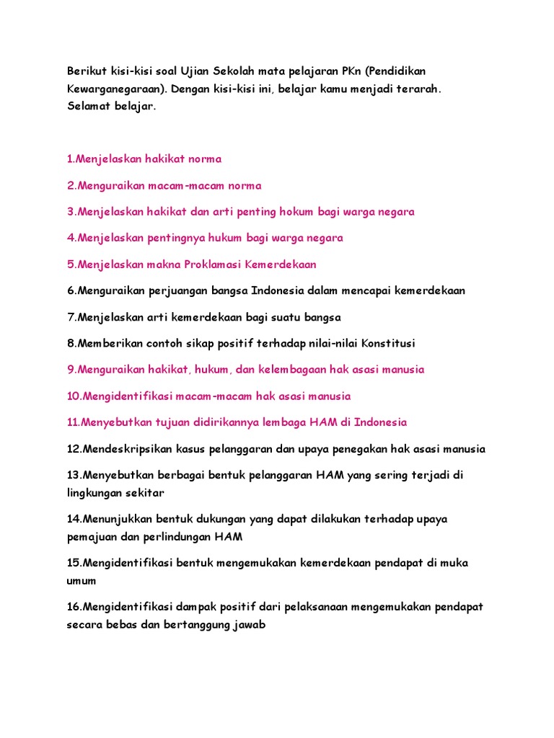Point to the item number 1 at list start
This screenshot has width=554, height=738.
coord(70,159)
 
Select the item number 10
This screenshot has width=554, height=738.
coord(74,396)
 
